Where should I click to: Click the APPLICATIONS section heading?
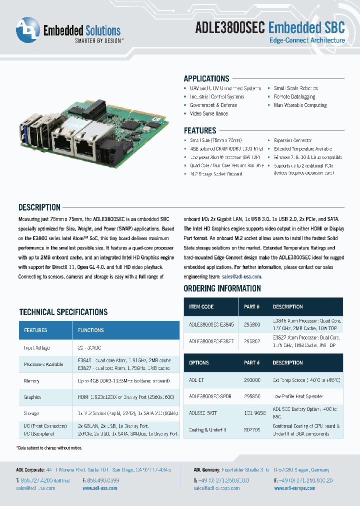click(206, 78)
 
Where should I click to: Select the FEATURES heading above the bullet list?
click(200, 130)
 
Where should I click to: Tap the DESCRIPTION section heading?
click(39, 207)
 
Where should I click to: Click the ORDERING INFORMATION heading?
click(222, 288)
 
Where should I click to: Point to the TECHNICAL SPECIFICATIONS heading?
click(63, 312)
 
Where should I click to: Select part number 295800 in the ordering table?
click(252, 324)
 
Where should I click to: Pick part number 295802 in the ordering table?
click(252, 341)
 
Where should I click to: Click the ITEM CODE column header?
click(201, 306)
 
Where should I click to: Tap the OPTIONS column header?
click(199, 362)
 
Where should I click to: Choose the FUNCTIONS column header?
click(91, 330)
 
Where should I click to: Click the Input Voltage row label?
click(37, 347)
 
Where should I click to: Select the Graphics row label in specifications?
click(32, 397)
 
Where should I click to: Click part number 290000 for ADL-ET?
click(252, 380)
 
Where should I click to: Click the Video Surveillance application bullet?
click(208, 113)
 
